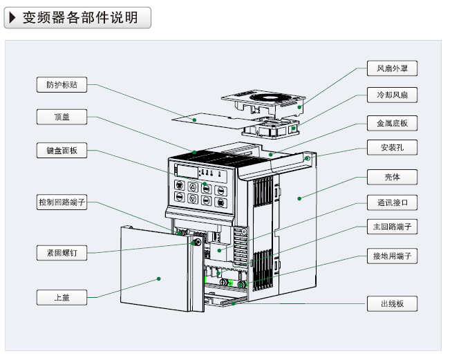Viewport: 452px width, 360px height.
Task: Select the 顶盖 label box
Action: pyautogui.click(x=62, y=117)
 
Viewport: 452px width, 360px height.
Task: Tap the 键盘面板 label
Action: pyautogui.click(x=62, y=151)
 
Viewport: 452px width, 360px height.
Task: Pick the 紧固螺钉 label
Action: pyautogui.click(x=62, y=253)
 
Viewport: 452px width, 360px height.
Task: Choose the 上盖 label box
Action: pyautogui.click(x=62, y=298)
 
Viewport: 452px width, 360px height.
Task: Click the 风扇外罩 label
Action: pyautogui.click(x=392, y=68)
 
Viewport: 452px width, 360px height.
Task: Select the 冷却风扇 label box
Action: pyautogui.click(x=392, y=95)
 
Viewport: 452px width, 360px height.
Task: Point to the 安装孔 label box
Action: pyautogui.click(x=392, y=149)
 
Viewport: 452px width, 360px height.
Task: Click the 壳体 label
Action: pyautogui.click(x=392, y=177)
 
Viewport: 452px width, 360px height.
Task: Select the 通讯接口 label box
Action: pyautogui.click(x=392, y=203)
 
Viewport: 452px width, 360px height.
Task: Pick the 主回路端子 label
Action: pyautogui.click(x=392, y=227)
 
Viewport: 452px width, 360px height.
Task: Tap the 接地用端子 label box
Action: pyautogui.click(x=392, y=256)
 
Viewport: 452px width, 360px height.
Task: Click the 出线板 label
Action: pyautogui.click(x=392, y=304)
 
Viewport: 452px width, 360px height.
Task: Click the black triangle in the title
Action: pyautogui.click(x=12, y=17)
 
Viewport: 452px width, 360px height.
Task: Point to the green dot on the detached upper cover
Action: pyautogui.click(x=159, y=279)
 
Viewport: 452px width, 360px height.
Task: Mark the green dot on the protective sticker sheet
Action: pyautogui.click(x=195, y=120)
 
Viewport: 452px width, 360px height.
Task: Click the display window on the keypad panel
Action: pyautogui.click(x=187, y=171)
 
